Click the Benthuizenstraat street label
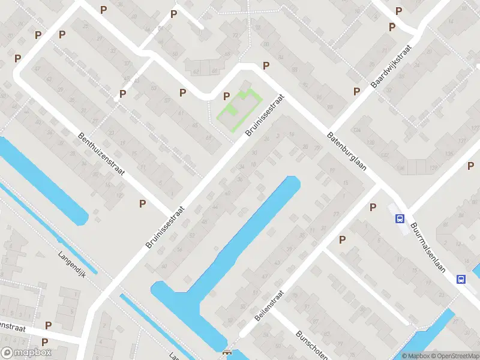(101, 154)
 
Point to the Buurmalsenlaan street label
(428, 248)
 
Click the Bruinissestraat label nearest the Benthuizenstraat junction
(165, 229)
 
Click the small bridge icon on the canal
(227, 353)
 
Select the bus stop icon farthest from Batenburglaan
(461, 279)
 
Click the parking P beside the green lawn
(227, 96)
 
